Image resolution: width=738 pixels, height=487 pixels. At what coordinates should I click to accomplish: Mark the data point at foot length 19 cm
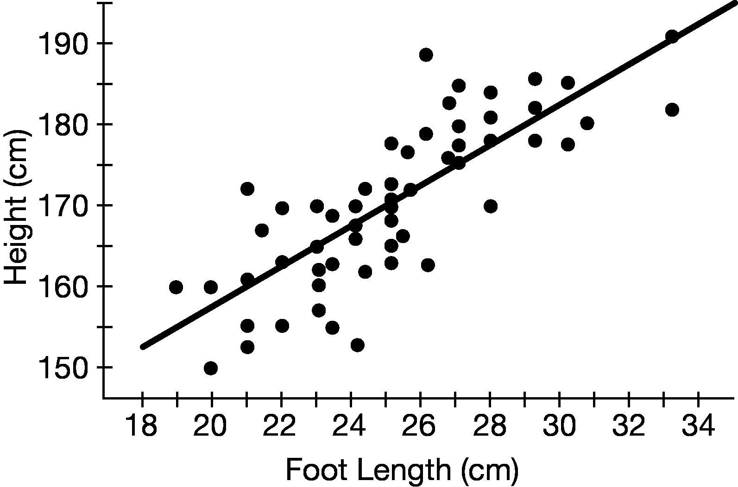[x=176, y=287]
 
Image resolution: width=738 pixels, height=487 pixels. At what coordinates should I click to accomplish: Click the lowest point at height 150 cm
[x=211, y=368]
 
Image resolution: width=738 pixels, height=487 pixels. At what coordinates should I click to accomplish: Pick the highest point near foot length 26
[x=426, y=55]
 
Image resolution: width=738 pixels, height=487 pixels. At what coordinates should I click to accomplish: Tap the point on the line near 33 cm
[x=672, y=36]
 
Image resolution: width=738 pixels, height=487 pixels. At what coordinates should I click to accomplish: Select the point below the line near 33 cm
[x=672, y=110]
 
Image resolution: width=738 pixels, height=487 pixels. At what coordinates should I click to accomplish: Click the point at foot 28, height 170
[x=491, y=206]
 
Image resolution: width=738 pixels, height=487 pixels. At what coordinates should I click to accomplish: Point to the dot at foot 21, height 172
[x=247, y=188]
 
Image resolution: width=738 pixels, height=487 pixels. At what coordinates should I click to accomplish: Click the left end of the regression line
[x=143, y=347]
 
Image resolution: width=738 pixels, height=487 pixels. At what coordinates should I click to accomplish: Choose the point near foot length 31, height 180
[x=587, y=123]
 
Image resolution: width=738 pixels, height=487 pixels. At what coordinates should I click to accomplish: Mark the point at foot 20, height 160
[x=211, y=287]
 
